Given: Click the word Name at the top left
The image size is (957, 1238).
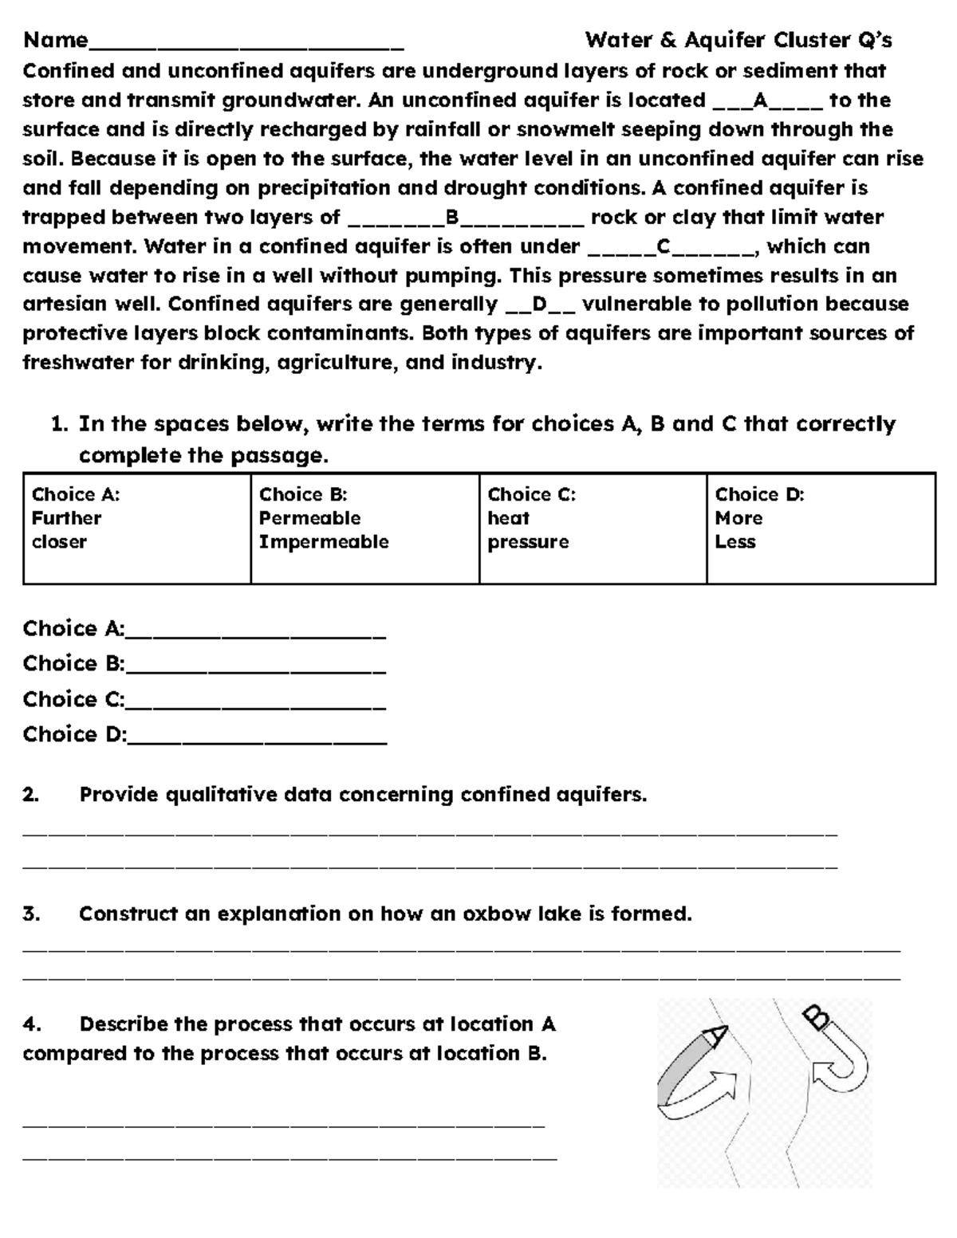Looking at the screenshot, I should [55, 40].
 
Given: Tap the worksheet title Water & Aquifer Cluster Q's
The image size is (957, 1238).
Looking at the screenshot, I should [738, 40].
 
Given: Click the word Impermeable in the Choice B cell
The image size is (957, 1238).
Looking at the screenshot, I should [324, 542].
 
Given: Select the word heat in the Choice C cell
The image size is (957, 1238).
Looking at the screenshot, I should [509, 518].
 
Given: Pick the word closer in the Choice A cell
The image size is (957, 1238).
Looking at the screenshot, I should [59, 542].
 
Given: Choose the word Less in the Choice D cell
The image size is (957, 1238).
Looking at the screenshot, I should [735, 542].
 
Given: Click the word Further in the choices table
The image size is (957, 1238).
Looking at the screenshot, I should [66, 518].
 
